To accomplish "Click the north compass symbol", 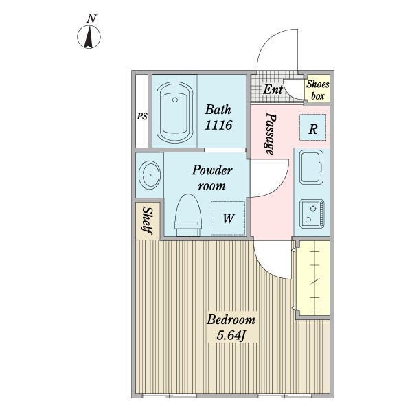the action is (89, 37).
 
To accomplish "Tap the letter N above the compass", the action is (91, 19).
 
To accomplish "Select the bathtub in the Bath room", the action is (174, 113).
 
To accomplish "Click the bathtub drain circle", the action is (175, 100).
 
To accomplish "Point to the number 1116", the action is (218, 125).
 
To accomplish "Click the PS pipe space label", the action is (142, 117).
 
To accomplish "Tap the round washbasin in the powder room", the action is (149, 174).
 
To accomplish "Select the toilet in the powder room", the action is (188, 215).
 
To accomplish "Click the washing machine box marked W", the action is (228, 218).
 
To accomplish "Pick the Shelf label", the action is (148, 220).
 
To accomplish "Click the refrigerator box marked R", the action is (312, 128).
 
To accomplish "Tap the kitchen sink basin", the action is (311, 167).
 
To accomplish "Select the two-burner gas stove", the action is (312, 214).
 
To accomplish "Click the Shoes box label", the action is (317, 90).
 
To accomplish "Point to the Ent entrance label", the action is (273, 89).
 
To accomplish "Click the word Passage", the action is (271, 133).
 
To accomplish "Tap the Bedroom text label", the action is (231, 320).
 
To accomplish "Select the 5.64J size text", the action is (231, 335).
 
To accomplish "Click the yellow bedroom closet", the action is (313, 278).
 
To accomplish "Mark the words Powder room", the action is (211, 178).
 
